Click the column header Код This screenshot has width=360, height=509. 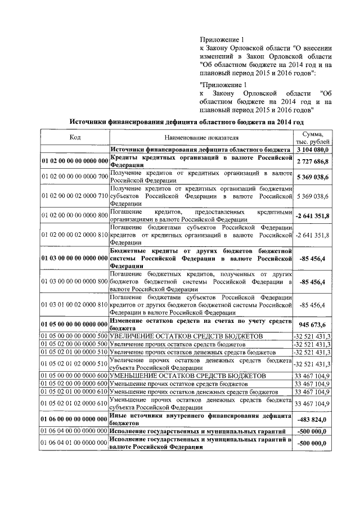tap(75, 137)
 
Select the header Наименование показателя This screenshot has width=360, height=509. tap(201, 137)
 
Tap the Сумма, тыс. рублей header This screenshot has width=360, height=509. tap(312, 137)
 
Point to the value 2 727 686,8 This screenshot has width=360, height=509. tap(312, 161)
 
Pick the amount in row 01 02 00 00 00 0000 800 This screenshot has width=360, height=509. tap(312, 216)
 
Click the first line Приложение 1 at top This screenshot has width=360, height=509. tap(223, 40)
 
